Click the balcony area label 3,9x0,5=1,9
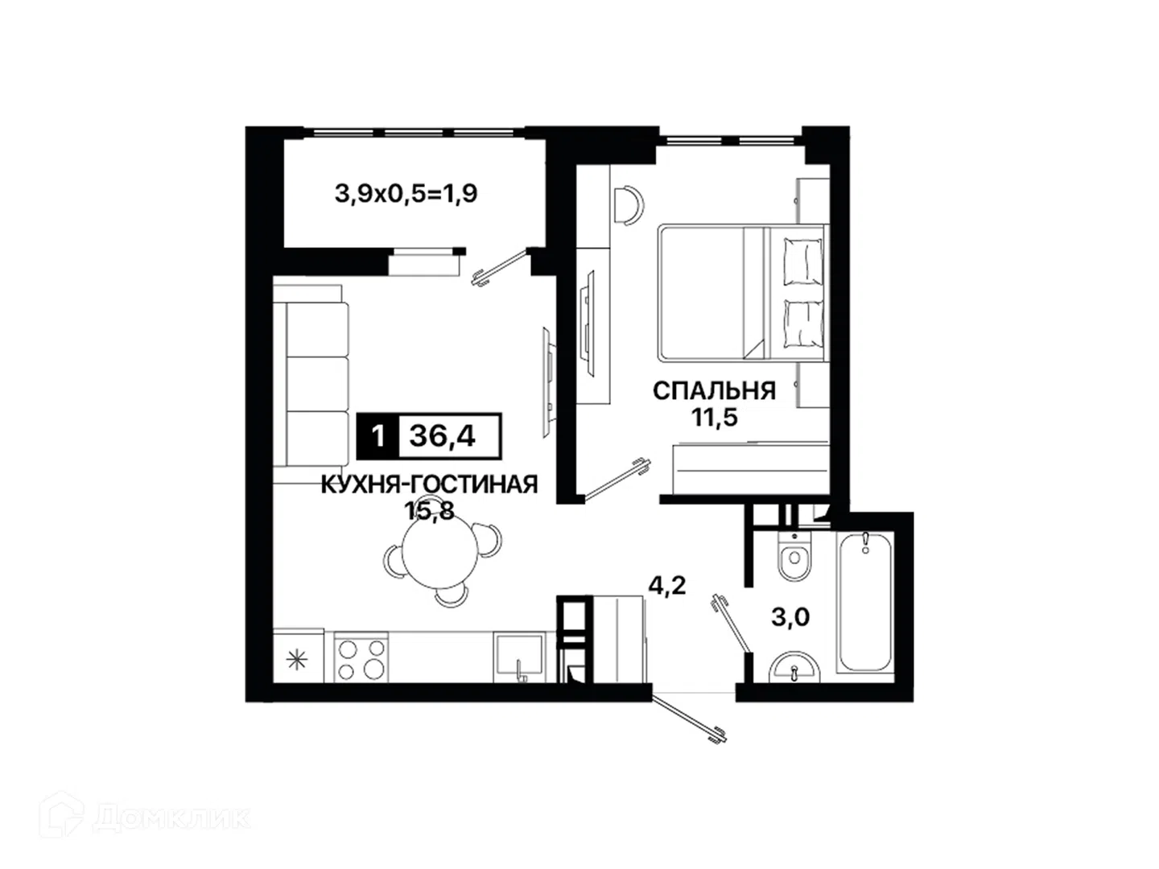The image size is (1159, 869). tap(406, 194)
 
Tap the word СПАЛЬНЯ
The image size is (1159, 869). tap(714, 391)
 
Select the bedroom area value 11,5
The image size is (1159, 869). tap(715, 418)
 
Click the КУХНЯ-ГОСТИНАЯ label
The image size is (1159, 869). tap(429, 484)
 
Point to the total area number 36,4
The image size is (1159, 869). tap(443, 436)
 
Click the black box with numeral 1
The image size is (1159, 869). tap(377, 436)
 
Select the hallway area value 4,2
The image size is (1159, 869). tap(667, 586)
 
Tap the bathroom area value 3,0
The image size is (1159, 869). tap(790, 617)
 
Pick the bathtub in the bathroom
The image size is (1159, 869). tap(864, 601)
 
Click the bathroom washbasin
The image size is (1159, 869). tap(794, 668)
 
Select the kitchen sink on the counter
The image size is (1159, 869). tap(518, 657)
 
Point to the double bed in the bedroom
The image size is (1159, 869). tap(743, 293)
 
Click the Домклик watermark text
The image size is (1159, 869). tap(171, 818)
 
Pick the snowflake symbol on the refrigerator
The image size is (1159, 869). tap(297, 660)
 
